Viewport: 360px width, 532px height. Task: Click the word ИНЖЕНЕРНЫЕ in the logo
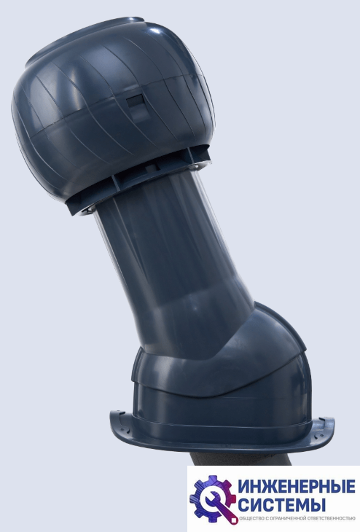[297, 488]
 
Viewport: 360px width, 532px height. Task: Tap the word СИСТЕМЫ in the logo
[281, 504]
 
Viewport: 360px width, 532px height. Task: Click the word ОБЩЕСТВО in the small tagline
[249, 518]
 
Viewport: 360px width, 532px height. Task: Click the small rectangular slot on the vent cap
[136, 101]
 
